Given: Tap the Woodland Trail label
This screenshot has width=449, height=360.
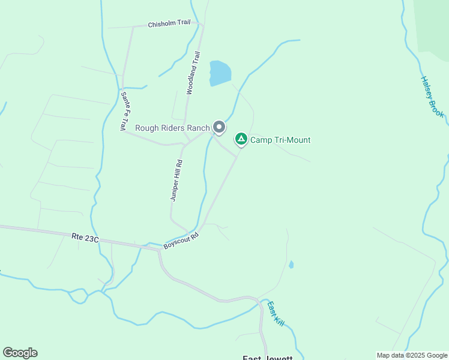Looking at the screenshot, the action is click(x=193, y=73).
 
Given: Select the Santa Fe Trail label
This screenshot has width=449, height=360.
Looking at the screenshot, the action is click(x=123, y=111).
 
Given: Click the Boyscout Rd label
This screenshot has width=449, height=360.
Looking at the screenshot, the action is click(x=181, y=241).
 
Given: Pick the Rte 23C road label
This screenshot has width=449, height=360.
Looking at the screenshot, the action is click(x=83, y=238).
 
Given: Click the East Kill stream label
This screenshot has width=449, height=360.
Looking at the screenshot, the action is click(x=276, y=313).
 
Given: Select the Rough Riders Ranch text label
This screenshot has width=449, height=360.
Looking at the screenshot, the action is click(x=172, y=127).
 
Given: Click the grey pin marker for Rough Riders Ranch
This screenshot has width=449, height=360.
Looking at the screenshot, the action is click(x=219, y=127).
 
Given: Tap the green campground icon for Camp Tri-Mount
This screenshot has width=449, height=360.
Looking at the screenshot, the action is click(x=241, y=139).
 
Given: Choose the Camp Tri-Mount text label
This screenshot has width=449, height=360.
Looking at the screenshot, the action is click(x=280, y=140).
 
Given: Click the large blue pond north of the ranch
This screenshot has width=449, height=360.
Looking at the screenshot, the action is click(x=220, y=73).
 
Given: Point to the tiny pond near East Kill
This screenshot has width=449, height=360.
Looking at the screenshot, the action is click(x=291, y=264).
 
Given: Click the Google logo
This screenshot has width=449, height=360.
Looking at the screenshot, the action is click(x=20, y=353).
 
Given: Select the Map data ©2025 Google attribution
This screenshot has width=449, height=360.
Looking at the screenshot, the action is click(x=412, y=355).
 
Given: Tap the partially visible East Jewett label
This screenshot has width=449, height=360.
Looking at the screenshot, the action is click(x=267, y=358).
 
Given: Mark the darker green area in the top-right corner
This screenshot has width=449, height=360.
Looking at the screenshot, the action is click(x=433, y=24).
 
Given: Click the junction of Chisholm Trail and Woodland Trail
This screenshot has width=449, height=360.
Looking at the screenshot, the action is click(x=203, y=25).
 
